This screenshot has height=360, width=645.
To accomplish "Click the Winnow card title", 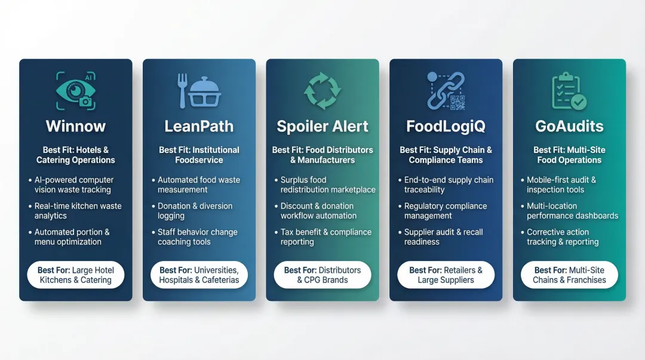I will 76,127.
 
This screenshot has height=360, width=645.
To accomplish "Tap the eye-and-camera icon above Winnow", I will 76,91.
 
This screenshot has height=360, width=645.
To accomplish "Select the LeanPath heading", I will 199,127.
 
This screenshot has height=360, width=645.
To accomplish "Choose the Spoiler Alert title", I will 322,127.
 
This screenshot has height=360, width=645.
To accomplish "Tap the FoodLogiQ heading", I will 446,127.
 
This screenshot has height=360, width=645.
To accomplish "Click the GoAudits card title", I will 569,127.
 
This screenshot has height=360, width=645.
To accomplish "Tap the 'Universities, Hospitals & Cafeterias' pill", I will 199,275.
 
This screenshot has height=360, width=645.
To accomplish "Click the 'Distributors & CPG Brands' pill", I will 322,275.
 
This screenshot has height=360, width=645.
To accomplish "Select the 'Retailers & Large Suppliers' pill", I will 446,275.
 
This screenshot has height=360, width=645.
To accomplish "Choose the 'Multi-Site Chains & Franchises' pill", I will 569,275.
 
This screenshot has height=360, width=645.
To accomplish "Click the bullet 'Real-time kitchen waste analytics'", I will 78,211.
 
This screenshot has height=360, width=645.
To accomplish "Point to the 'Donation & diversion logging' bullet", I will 195,211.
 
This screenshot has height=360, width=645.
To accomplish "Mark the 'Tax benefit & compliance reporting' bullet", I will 326,237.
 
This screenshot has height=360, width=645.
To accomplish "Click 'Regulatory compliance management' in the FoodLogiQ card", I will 446,211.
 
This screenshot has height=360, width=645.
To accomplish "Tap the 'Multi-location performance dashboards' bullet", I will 572,211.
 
